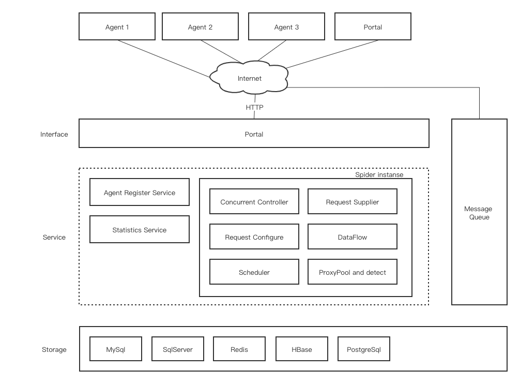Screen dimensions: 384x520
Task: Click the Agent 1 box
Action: [x=117, y=27]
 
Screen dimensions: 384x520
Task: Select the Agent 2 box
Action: [x=200, y=27]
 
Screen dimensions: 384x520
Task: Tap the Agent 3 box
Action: [x=286, y=27]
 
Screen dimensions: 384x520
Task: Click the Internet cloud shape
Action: [x=249, y=79]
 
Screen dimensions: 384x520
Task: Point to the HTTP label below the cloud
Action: [x=254, y=107]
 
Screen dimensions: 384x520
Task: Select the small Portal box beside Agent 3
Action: [x=373, y=27]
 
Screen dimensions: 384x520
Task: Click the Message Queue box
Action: [x=479, y=213]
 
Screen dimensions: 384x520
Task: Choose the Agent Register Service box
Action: [x=140, y=193]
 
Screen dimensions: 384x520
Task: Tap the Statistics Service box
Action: [x=140, y=230]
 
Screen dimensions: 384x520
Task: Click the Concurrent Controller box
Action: [x=254, y=202]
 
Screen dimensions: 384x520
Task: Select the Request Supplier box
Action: [x=352, y=202]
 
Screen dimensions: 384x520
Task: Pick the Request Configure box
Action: [x=254, y=237]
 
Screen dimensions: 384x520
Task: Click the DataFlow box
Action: [x=352, y=237]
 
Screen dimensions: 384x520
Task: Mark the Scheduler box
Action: [x=254, y=272]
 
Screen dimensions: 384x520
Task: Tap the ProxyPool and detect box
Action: [x=352, y=272]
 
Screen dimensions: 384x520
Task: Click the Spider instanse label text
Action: [x=379, y=174]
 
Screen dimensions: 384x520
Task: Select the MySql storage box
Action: [x=116, y=349]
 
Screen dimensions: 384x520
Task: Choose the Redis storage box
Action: [x=239, y=349]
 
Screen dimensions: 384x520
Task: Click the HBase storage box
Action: [x=301, y=349]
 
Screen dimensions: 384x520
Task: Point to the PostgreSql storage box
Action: [x=363, y=349]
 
